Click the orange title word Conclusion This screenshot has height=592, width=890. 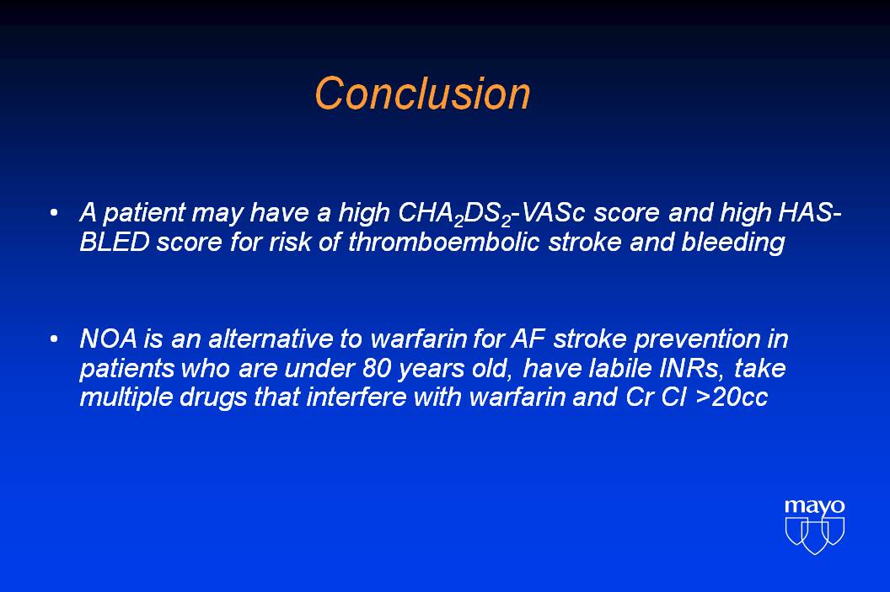(422, 93)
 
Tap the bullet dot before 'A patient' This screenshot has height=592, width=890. (54, 213)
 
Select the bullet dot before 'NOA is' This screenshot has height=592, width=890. (54, 339)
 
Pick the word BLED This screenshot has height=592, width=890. (114, 243)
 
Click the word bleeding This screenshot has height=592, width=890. (733, 243)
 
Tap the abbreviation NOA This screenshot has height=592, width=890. (109, 339)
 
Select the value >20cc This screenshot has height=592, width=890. (731, 397)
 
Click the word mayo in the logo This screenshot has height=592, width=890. (814, 506)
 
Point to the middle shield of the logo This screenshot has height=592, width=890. (814, 536)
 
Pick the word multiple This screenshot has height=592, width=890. (126, 397)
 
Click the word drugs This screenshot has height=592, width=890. (213, 397)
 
